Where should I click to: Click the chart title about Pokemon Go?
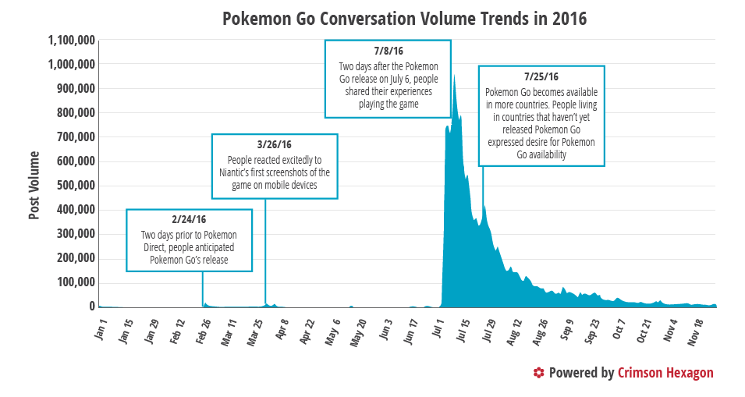click(x=404, y=18)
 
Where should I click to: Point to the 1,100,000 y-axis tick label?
click(x=72, y=40)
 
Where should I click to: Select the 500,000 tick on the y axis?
click(x=77, y=186)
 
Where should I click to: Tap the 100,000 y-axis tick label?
click(x=77, y=282)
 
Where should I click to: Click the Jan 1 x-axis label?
click(x=101, y=327)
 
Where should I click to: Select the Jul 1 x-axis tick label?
click(x=438, y=327)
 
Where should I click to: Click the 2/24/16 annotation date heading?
click(x=189, y=220)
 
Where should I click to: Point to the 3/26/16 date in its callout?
click(x=274, y=145)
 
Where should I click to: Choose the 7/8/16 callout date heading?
click(x=388, y=51)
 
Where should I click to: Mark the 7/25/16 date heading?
click(x=541, y=76)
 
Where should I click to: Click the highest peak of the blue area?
click(x=454, y=76)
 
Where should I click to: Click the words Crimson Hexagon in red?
click(x=665, y=373)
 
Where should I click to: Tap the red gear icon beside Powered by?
click(x=538, y=373)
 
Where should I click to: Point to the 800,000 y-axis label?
click(x=77, y=112)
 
